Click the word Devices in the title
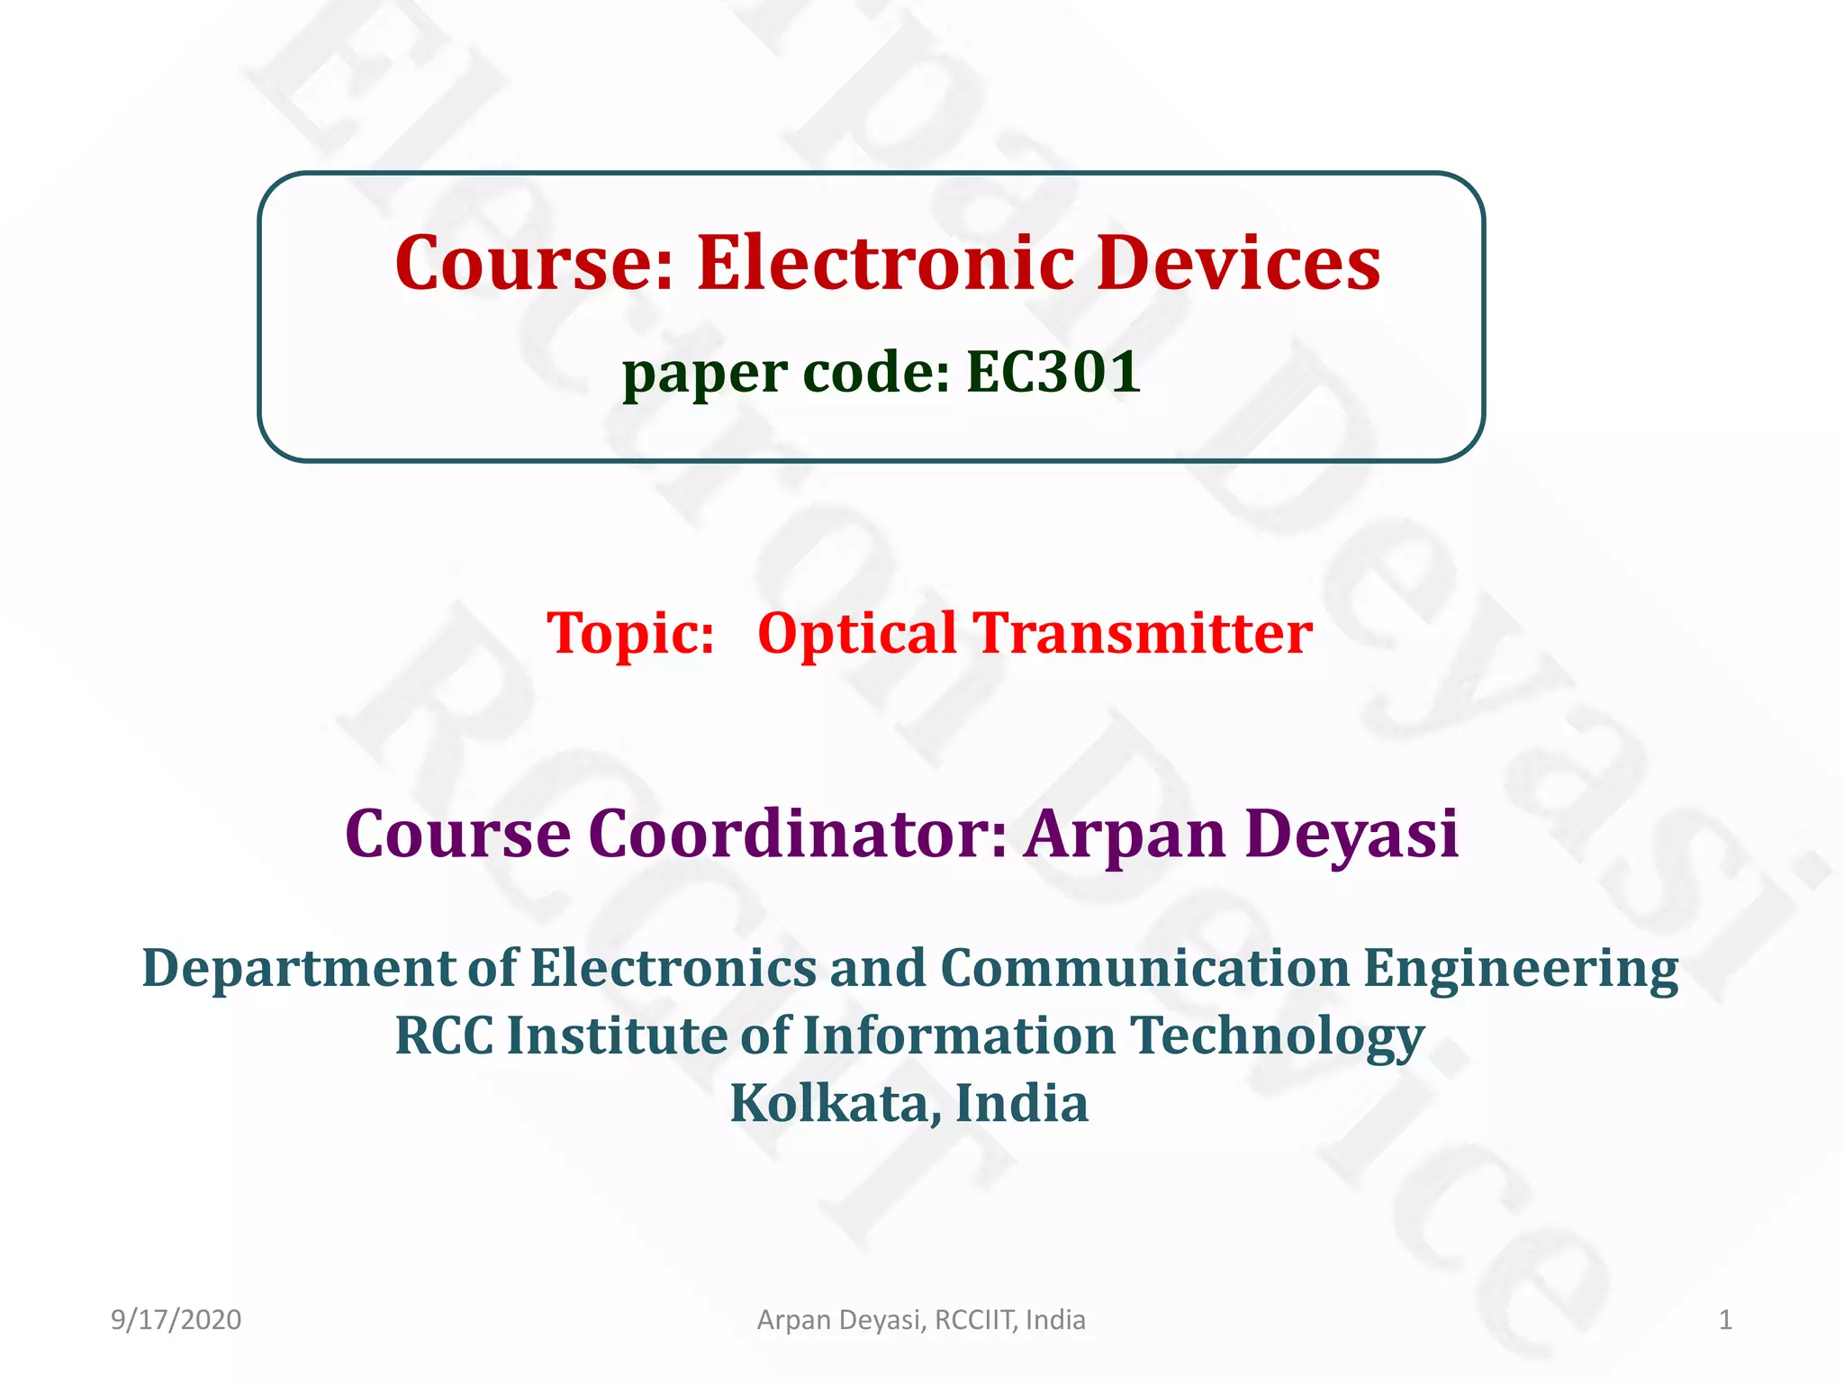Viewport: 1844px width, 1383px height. pos(1239,263)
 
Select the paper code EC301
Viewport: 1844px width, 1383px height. pos(1053,372)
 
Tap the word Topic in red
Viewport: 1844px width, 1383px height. pos(630,633)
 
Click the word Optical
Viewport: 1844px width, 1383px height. pos(856,633)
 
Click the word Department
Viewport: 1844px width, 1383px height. pos(298,969)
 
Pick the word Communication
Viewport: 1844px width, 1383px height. pos(1144,969)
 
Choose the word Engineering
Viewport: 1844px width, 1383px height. pos(1521,969)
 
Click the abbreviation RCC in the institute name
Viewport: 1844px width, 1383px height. pos(444,1035)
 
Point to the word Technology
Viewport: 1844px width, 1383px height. pos(1278,1035)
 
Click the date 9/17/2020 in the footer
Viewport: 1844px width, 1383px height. pos(176,1320)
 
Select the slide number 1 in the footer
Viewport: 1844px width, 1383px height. pos(1725,1320)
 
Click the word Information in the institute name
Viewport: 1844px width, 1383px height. pos(958,1035)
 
